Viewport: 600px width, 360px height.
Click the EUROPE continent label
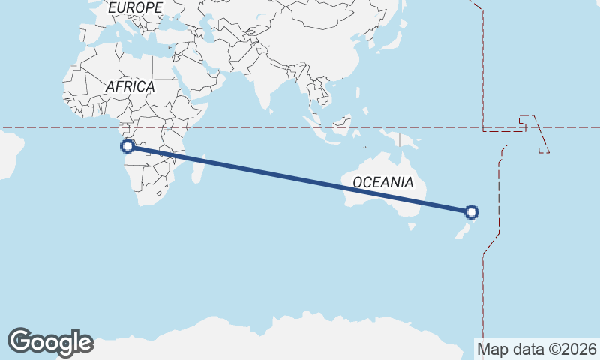pos(135,7)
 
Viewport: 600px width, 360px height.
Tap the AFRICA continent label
pos(130,86)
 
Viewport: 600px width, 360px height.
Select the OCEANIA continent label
pos(382,182)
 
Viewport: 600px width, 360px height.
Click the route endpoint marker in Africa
pos(127,146)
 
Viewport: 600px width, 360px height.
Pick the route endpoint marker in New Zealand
pos(472,212)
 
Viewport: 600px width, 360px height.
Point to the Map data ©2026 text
pos(536,349)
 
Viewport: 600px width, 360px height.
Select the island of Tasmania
pos(410,224)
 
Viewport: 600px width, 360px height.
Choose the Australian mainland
pos(382,195)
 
